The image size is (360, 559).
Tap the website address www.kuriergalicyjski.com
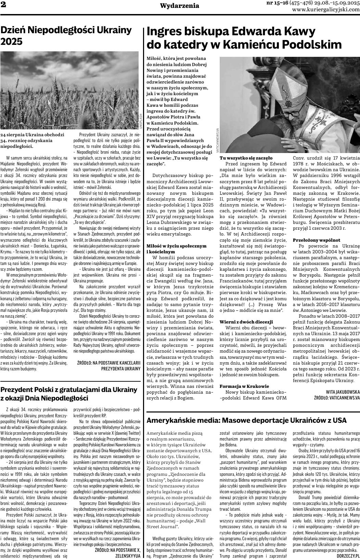326,9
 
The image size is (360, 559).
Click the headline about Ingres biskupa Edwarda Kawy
244,38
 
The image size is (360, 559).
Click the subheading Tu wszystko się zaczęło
246,158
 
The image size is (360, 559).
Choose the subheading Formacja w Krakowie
244,386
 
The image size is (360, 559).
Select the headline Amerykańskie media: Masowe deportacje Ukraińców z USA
246,420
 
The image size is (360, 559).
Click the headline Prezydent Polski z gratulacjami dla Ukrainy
69,394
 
